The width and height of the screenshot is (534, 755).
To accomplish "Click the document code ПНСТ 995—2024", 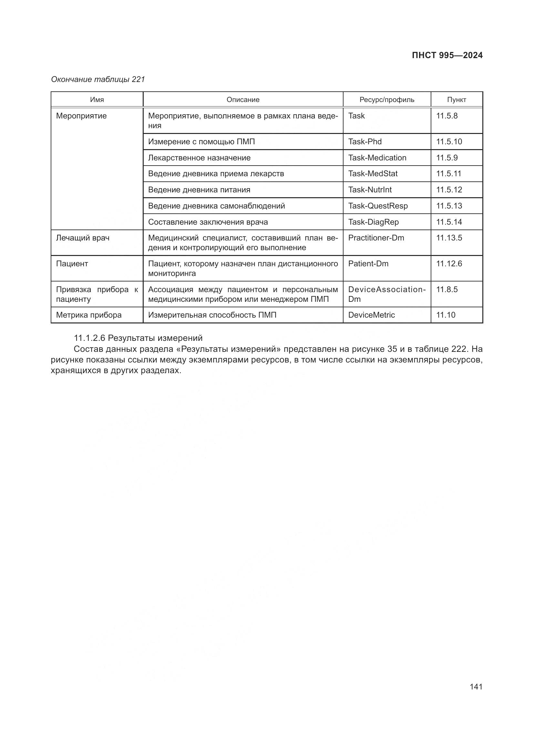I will [x=447, y=55].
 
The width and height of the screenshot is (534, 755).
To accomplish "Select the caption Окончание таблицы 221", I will [x=98, y=80].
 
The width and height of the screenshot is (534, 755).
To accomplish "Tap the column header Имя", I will [x=97, y=100].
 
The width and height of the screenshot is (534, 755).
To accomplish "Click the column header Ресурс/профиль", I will [x=387, y=100].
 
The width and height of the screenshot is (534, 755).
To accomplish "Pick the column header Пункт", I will [x=457, y=100].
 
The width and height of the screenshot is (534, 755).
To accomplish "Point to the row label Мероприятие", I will [x=82, y=116].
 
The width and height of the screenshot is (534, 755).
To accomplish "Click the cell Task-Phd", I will [x=365, y=142].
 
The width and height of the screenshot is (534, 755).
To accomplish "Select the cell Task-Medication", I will [x=377, y=158].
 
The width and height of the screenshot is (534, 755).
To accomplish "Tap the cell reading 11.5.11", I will [x=448, y=174].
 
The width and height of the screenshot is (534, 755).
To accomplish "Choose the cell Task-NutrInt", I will [x=370, y=190].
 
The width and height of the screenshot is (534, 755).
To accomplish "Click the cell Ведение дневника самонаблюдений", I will [x=216, y=206].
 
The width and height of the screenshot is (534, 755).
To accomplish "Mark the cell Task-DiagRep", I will [x=373, y=222].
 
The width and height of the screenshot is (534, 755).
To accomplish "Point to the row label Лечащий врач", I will [x=83, y=238].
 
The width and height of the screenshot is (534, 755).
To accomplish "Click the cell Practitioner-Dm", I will [x=376, y=238].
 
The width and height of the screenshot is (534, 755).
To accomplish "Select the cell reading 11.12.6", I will [x=449, y=264].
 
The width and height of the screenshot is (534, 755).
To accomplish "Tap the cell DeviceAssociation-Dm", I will [x=387, y=294].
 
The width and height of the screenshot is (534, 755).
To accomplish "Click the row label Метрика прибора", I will [x=89, y=315].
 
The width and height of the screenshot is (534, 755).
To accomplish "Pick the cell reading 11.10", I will [x=446, y=315].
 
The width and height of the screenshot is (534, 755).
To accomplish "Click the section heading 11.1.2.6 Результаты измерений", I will [x=138, y=338].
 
